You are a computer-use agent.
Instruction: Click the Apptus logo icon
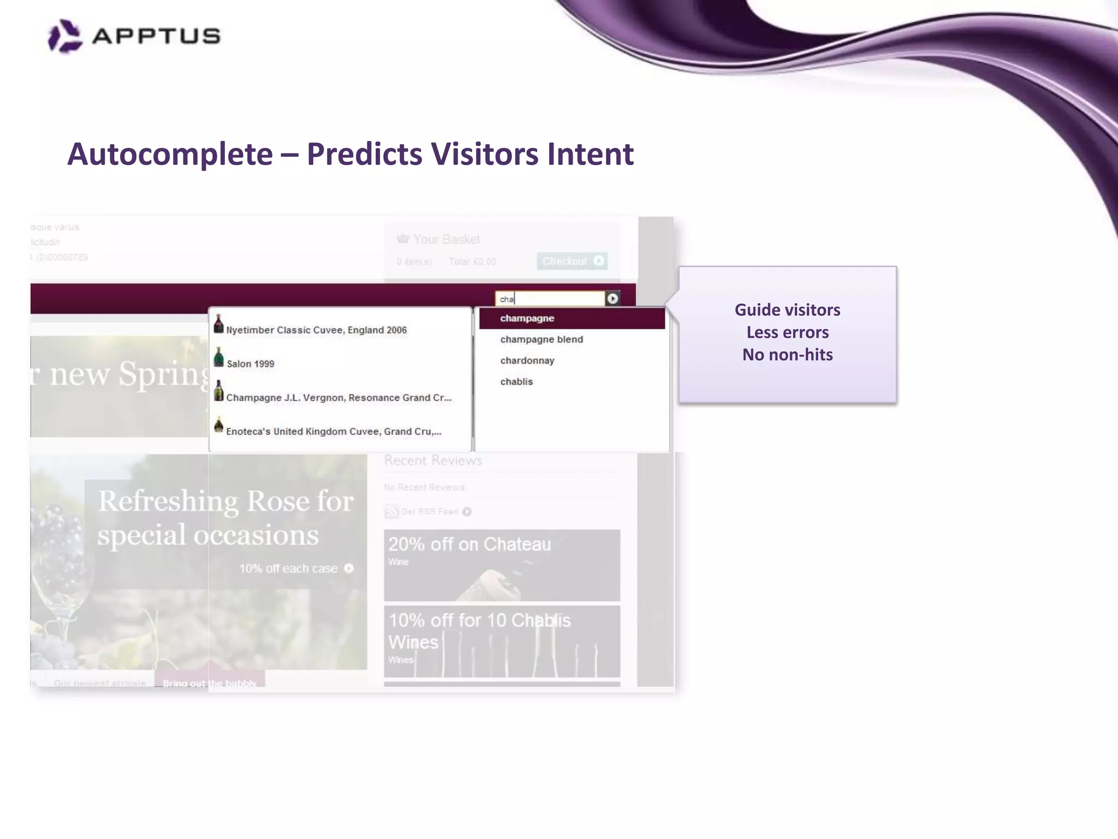click(x=65, y=36)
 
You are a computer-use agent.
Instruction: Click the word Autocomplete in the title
click(x=170, y=154)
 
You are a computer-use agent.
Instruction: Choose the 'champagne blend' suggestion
click(x=542, y=340)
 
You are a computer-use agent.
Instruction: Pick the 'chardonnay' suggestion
click(x=527, y=361)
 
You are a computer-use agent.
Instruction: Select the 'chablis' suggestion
click(x=516, y=382)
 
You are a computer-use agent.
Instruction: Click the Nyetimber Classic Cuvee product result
click(x=316, y=330)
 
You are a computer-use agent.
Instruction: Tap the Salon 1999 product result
click(x=251, y=364)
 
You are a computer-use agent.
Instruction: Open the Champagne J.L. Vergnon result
click(x=338, y=398)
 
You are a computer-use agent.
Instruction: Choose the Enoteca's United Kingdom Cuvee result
click(x=334, y=432)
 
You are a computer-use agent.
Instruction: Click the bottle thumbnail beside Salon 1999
click(x=219, y=358)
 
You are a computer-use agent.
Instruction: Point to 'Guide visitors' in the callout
click(x=787, y=310)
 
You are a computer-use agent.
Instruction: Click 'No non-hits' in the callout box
click(x=787, y=355)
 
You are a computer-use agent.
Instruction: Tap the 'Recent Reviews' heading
click(x=433, y=460)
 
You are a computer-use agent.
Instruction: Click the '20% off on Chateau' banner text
click(x=469, y=545)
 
